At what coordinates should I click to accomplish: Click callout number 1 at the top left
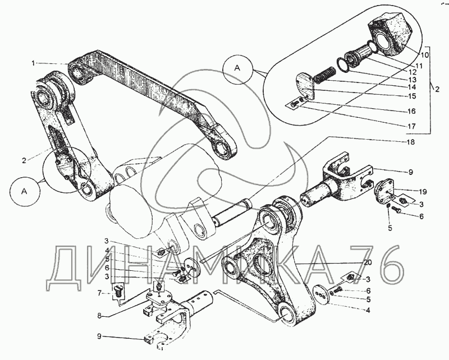[34, 62]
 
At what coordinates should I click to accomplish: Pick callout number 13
[412, 80]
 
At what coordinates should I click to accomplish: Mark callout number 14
[412, 87]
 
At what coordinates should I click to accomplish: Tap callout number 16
[412, 111]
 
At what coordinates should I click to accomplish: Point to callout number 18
[412, 142]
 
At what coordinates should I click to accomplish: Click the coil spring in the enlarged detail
[326, 75]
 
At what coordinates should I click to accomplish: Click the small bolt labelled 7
[118, 290]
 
